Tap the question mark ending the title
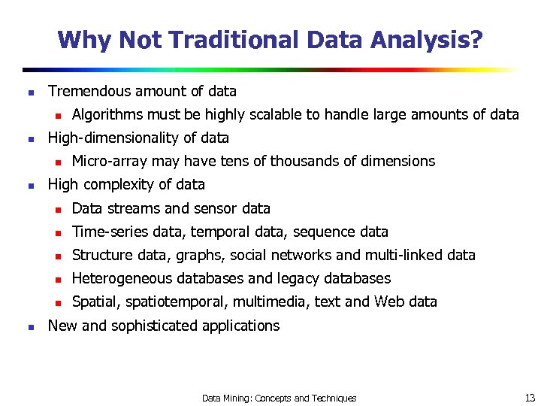pos(477,39)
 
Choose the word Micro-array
pos(110,162)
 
